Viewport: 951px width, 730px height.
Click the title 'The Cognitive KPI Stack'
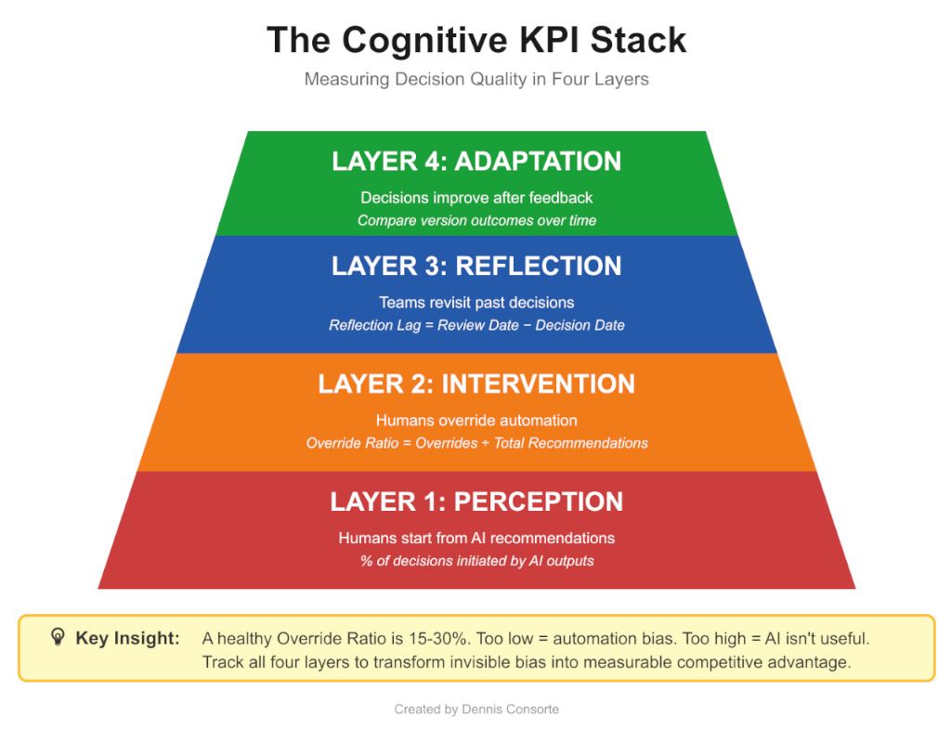coord(476,40)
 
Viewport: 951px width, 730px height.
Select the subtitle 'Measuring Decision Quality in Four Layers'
coord(476,80)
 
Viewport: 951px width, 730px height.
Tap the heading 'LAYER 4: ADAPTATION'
coord(476,162)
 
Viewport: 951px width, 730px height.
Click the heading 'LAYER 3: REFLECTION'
coord(476,266)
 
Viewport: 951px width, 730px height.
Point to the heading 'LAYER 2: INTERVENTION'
coord(476,384)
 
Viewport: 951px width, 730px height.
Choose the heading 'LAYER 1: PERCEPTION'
coord(476,502)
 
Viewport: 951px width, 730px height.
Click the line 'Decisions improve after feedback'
coord(476,198)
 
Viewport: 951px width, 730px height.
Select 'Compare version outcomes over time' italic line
coord(476,220)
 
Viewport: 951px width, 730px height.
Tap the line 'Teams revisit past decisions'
coord(476,302)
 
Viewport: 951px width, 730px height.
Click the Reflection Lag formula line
coord(476,325)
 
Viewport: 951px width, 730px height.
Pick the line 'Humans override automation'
coord(476,420)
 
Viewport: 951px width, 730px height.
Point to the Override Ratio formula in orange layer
coord(476,443)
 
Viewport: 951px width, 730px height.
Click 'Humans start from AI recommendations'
coord(476,538)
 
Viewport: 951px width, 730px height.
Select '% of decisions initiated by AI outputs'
coord(476,561)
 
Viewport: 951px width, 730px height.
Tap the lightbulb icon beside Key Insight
coord(58,638)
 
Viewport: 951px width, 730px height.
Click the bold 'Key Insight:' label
coord(127,639)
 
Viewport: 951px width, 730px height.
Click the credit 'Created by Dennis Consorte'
coord(476,710)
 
